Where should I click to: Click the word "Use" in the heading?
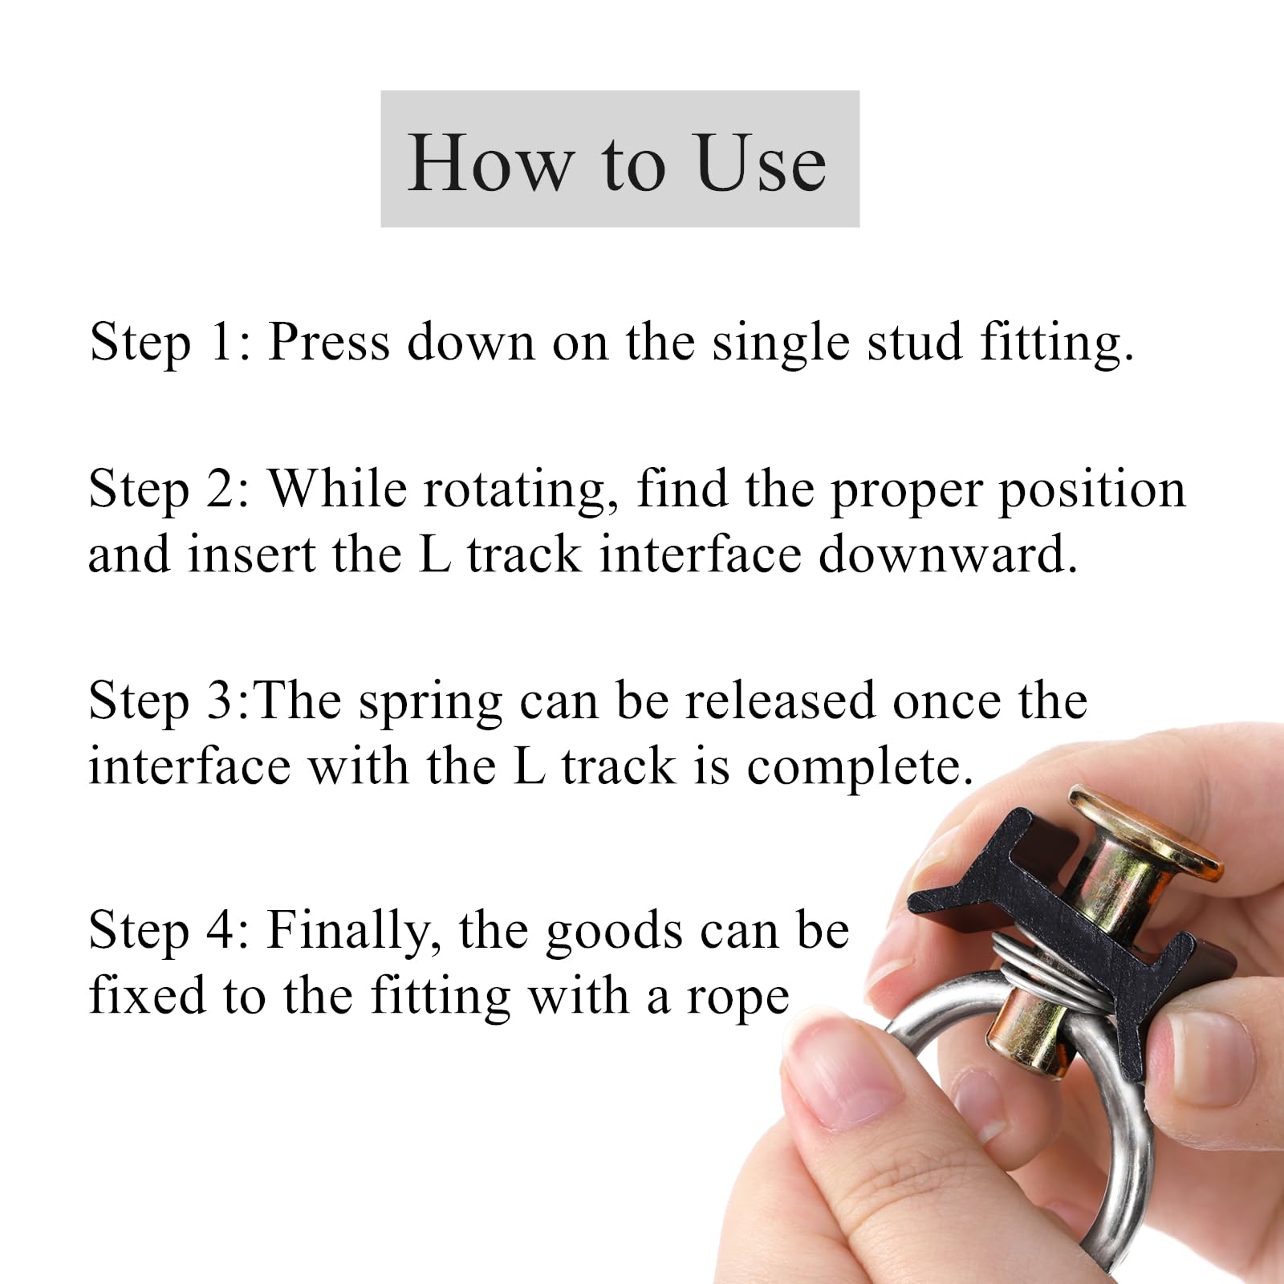[762, 163]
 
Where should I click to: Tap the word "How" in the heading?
[490, 163]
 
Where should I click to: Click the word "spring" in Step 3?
[431, 702]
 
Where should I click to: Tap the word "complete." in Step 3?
[860, 767]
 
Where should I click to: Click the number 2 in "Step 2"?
[218, 489]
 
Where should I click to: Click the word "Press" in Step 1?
[329, 341]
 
